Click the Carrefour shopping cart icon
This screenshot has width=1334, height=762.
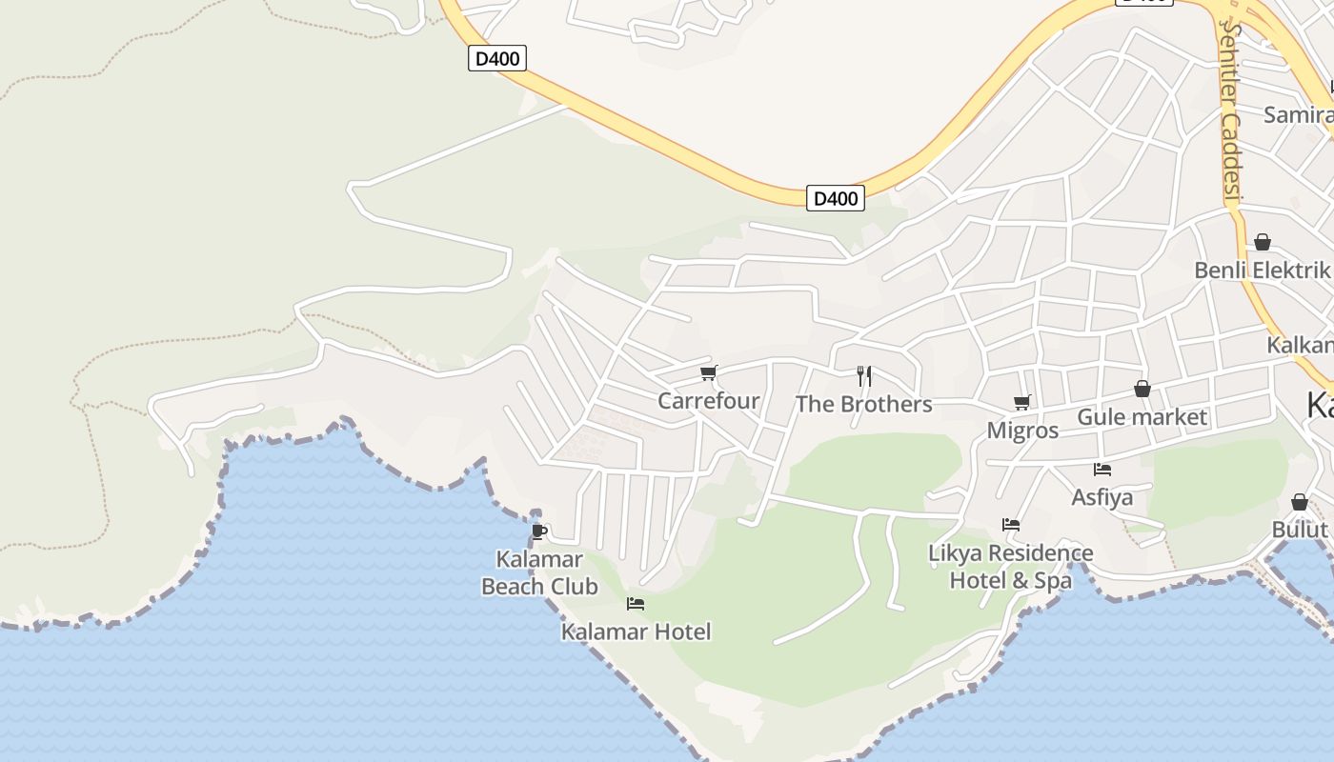(708, 373)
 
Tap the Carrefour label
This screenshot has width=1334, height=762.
(708, 401)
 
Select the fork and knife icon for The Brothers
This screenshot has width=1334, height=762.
(864, 376)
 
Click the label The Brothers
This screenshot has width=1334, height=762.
(863, 404)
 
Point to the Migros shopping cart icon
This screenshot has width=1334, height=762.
(1022, 402)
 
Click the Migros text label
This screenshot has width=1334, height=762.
(1022, 431)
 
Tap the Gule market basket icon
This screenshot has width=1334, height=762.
(1142, 389)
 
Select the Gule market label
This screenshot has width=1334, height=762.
(1142, 417)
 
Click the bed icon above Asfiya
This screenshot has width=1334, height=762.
(1102, 469)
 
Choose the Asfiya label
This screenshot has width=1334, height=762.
(1102, 497)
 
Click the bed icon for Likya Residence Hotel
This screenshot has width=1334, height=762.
(1011, 524)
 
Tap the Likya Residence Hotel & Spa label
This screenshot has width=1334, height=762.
(1011, 566)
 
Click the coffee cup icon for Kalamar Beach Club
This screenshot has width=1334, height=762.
(539, 531)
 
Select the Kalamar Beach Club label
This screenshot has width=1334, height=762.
(539, 572)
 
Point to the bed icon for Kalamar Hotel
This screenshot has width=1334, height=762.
(636, 603)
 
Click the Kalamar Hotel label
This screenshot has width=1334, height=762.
(636, 632)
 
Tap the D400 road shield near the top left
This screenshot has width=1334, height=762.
(497, 59)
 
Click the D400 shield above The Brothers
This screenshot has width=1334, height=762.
(836, 198)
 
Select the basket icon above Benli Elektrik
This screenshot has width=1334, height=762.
(1263, 242)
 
